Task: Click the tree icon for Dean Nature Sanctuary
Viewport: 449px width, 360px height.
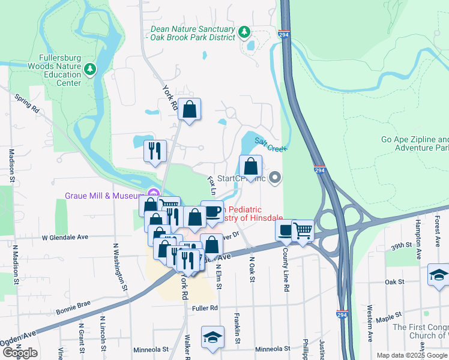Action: (244, 31)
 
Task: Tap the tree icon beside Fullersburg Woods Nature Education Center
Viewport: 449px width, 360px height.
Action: (90, 69)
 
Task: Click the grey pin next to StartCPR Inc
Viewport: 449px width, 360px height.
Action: (275, 177)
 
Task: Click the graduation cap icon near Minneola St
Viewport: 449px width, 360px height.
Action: (212, 338)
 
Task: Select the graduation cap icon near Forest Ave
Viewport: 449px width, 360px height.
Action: (439, 275)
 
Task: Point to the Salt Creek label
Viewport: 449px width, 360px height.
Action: (271, 143)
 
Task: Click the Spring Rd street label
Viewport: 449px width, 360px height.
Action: (27, 104)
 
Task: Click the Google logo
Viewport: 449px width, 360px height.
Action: (20, 353)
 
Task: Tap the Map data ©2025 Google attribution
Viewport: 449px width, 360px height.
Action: (411, 355)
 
